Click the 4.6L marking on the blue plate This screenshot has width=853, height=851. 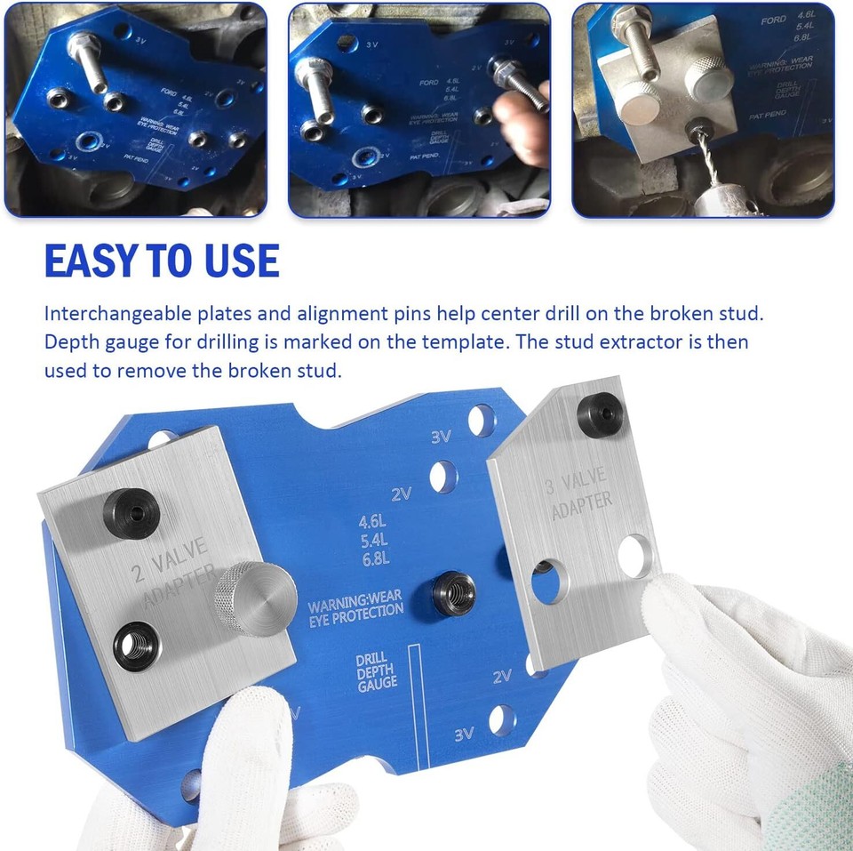pyautogui.click(x=373, y=522)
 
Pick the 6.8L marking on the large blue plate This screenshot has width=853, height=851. pyautogui.click(x=373, y=558)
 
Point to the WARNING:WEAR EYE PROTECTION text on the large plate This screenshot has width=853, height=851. pyautogui.click(x=355, y=609)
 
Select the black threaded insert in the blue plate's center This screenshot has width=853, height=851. pyautogui.click(x=450, y=590)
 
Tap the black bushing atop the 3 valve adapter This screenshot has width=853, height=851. pyautogui.click(x=600, y=412)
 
